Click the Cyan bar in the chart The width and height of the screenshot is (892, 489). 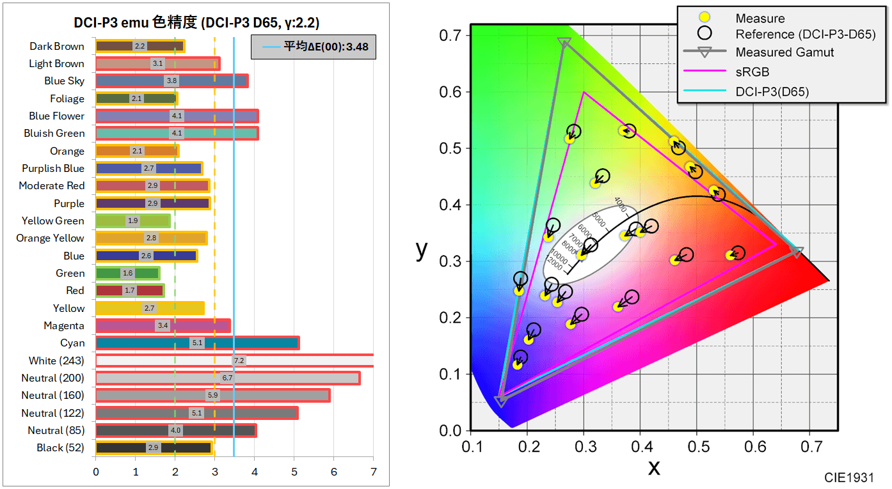click(x=197, y=343)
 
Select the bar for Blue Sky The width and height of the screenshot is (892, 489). click(x=171, y=81)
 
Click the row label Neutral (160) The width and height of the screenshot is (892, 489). click(x=52, y=396)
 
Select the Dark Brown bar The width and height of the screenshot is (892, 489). click(x=139, y=46)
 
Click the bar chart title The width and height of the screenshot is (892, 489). click(x=196, y=23)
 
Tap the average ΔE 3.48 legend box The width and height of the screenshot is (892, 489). click(x=313, y=47)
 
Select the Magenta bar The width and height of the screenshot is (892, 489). click(x=163, y=326)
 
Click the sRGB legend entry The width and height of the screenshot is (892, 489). click(x=753, y=72)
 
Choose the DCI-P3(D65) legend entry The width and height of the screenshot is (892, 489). click(x=772, y=92)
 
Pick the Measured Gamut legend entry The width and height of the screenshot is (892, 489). click(x=784, y=52)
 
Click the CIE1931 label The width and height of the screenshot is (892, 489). click(x=848, y=477)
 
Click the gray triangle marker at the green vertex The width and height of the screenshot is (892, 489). click(x=564, y=42)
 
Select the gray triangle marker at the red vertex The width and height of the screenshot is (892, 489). click(x=797, y=252)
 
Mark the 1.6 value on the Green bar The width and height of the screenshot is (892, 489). click(x=127, y=274)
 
